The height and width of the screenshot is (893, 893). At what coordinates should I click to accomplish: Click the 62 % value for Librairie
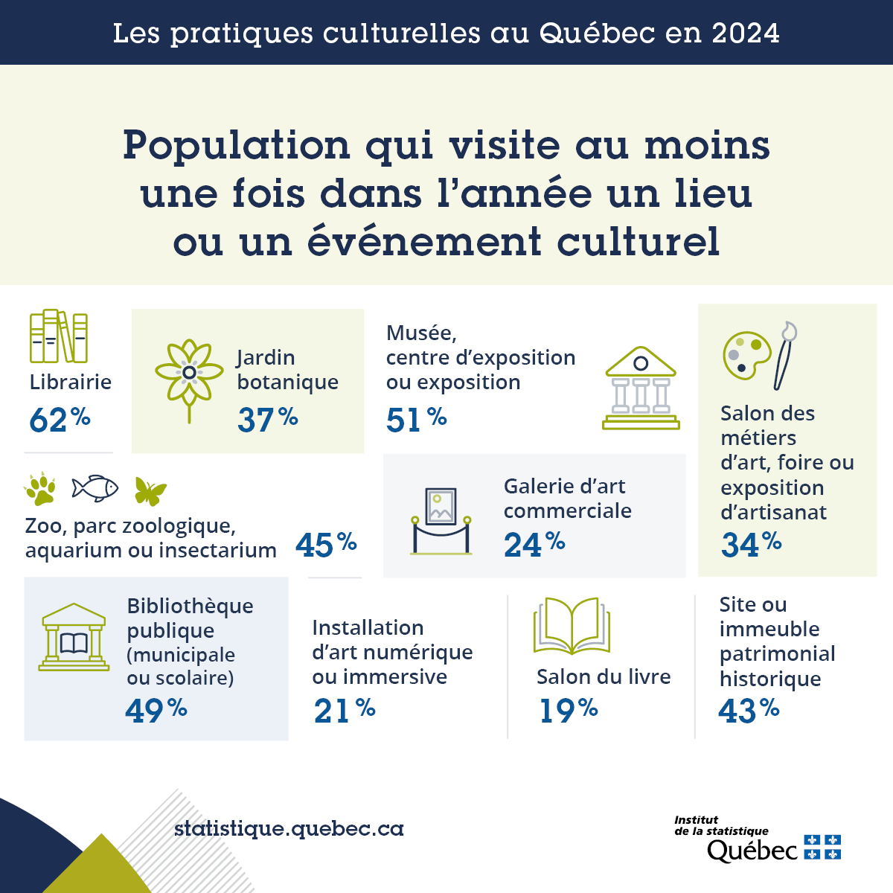tap(60, 420)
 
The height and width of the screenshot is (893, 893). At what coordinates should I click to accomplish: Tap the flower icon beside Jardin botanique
tap(189, 377)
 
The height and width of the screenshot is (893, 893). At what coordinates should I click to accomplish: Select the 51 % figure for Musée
tap(416, 420)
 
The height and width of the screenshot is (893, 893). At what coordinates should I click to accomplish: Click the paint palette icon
tap(746, 355)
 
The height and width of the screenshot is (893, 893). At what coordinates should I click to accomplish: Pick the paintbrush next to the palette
tap(784, 355)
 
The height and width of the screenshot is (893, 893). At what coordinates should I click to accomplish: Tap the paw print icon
tap(40, 489)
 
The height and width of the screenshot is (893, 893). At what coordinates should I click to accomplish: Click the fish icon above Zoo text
tap(95, 488)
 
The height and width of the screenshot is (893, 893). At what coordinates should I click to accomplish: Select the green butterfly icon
tap(150, 490)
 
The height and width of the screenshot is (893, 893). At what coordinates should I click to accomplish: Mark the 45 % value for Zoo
tap(326, 545)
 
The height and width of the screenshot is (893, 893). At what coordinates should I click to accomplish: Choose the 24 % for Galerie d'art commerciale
tap(534, 545)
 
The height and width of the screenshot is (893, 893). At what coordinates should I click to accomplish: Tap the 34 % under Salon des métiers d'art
tap(751, 544)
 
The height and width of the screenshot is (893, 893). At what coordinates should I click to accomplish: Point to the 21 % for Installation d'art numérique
tap(344, 710)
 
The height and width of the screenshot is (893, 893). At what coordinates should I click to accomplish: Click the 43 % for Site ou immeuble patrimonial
tap(749, 710)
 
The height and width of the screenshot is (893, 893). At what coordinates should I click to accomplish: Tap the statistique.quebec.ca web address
tap(289, 828)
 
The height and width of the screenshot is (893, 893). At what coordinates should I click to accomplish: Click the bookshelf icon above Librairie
tap(59, 336)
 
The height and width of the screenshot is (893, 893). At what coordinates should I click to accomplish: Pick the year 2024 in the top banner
tap(745, 33)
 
